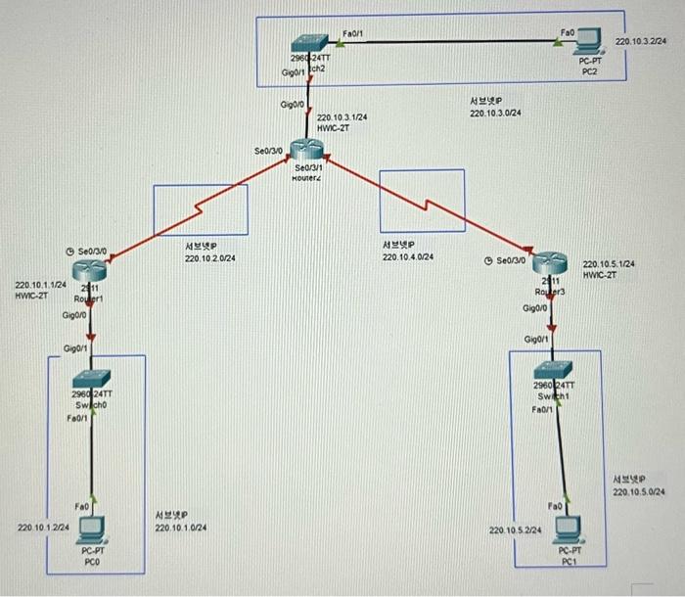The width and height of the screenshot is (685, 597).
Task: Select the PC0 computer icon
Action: (92, 529)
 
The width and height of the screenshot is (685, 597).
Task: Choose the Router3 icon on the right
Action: (552, 264)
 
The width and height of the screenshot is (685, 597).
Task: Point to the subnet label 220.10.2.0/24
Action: (210, 258)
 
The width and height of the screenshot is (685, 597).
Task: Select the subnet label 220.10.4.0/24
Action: (408, 257)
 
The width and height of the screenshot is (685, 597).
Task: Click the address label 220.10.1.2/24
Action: (43, 528)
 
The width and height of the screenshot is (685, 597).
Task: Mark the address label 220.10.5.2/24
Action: (515, 529)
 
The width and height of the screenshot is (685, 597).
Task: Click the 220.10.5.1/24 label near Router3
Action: (609, 264)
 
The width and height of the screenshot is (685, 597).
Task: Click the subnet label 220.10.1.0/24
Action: (180, 528)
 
